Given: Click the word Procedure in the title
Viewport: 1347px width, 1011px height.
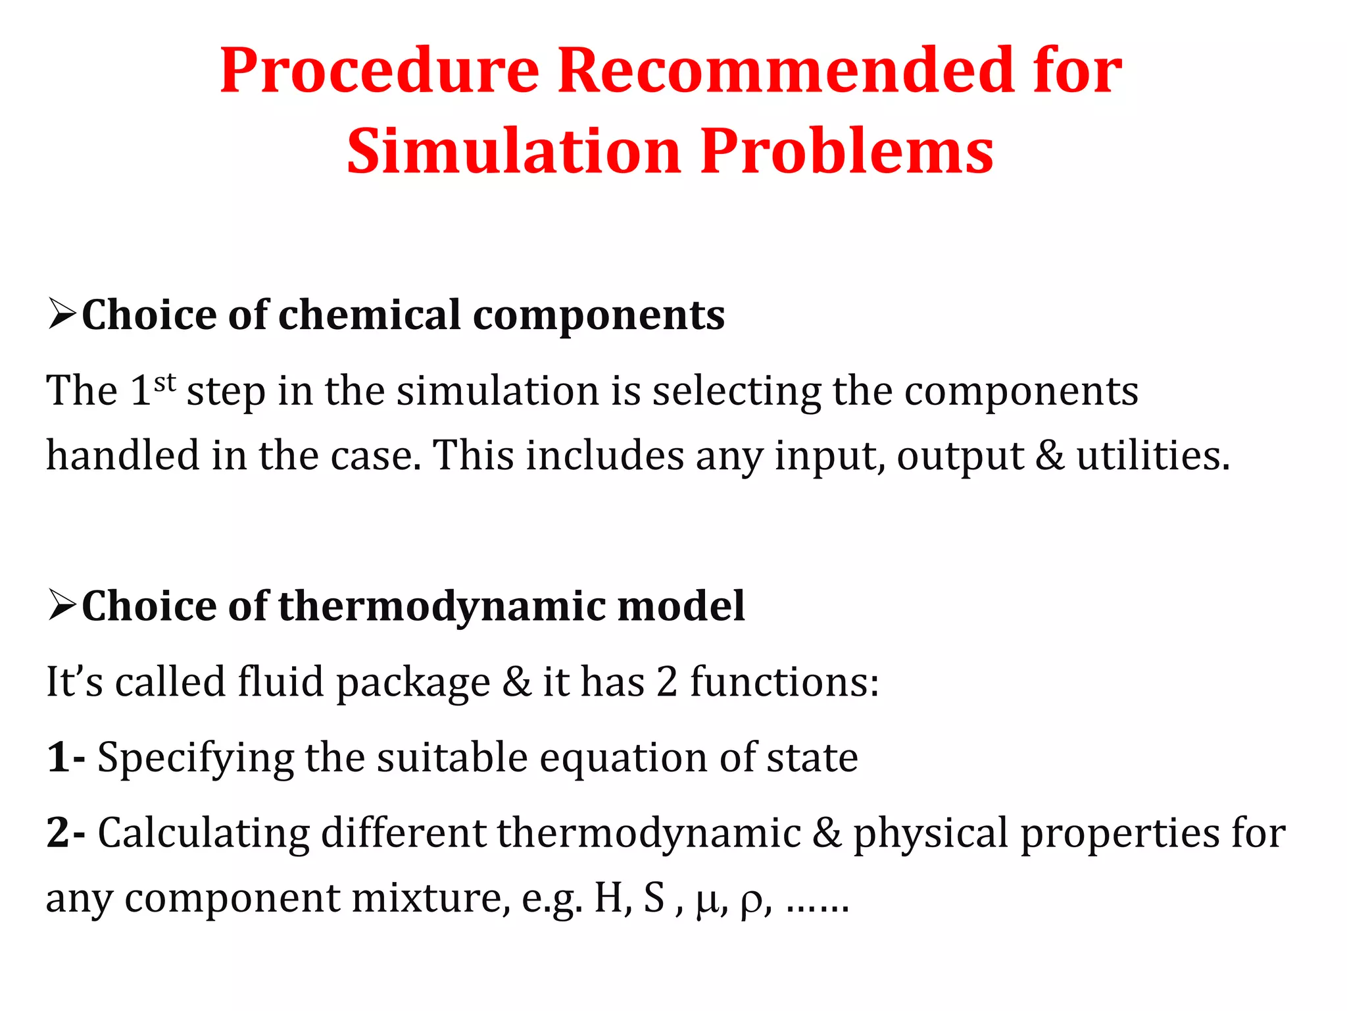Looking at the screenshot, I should click(380, 71).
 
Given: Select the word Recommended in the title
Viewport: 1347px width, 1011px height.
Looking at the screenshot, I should click(786, 71).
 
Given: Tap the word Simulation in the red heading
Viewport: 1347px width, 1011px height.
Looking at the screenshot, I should click(512, 151).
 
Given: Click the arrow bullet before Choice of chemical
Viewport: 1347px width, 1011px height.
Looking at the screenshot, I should click(62, 314).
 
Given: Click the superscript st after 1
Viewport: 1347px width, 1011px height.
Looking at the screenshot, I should click(165, 381).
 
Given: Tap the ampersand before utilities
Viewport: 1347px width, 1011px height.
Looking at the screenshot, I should click(1050, 455).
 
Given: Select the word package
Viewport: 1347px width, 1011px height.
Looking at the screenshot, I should click(413, 683).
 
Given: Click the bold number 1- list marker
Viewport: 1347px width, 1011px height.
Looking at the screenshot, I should click(65, 757).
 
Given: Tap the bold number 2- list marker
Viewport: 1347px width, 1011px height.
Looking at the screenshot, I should click(65, 832).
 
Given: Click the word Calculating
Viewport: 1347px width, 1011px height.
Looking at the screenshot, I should click(203, 833).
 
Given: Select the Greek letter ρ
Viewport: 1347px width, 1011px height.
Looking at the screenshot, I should click(750, 900).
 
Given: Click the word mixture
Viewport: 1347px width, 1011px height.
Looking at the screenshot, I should click(429, 898).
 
